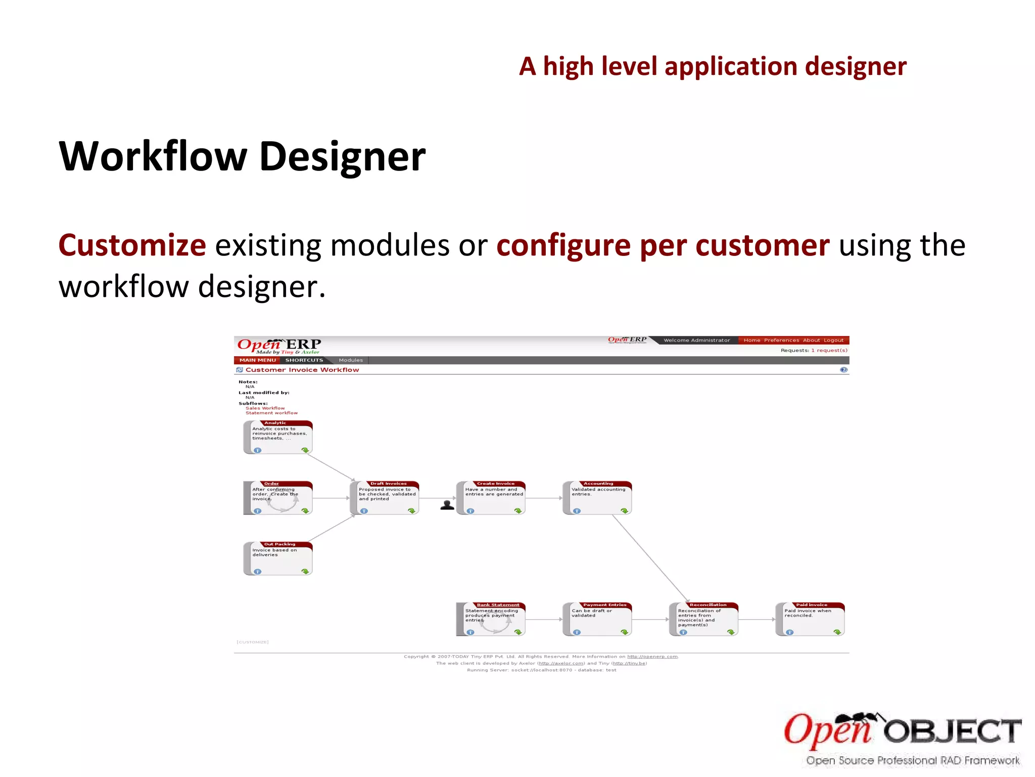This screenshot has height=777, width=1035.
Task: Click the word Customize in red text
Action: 132,245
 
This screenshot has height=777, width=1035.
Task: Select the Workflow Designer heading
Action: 242,156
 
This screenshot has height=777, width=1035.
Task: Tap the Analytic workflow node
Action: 278,437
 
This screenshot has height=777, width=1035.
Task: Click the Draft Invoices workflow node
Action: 385,498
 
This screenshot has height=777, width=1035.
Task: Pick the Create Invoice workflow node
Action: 491,498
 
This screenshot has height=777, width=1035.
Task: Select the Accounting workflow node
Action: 597,498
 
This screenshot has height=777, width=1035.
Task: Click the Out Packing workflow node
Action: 278,558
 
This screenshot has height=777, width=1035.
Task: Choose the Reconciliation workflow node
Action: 703,619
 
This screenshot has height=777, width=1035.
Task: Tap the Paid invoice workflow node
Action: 810,619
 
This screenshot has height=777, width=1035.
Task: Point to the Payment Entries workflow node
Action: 597,619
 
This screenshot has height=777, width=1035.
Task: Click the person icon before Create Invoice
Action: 447,505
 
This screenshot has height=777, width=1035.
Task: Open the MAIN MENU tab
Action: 257,360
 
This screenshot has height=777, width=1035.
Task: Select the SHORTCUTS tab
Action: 304,360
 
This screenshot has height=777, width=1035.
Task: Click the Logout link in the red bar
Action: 833,340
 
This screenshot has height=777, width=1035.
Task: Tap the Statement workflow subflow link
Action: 271,413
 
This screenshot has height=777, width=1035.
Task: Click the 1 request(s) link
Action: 829,350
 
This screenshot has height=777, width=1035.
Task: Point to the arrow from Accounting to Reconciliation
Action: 650,558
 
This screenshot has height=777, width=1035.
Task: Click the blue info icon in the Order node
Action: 258,511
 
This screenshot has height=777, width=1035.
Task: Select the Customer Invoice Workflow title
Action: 302,370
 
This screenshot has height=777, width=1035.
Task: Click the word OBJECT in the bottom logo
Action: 952,731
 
